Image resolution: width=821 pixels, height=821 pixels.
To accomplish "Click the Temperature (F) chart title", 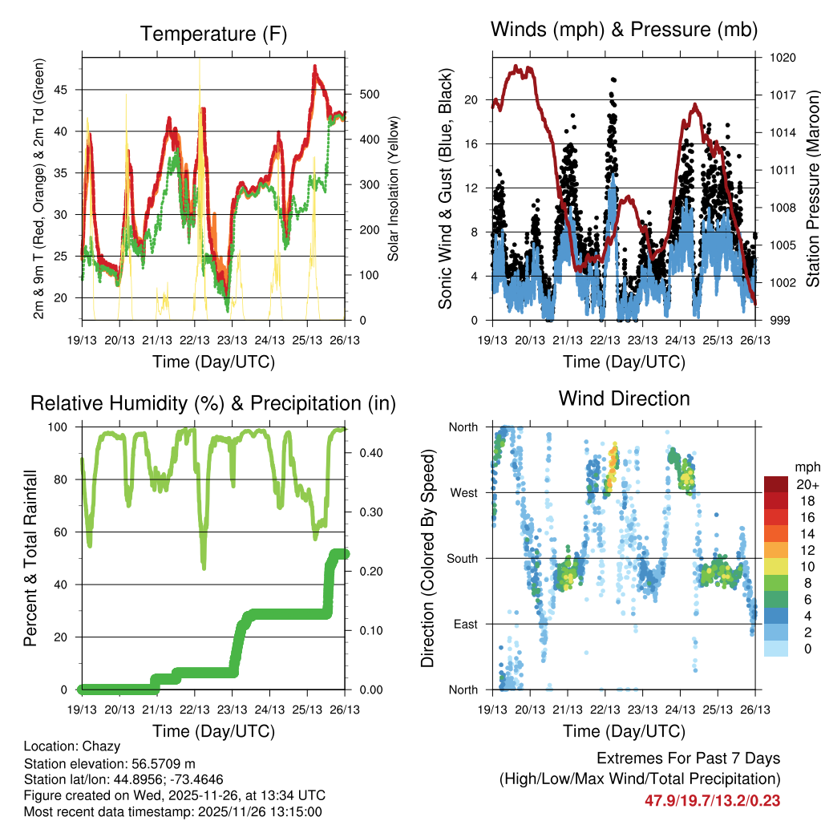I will tap(213, 34).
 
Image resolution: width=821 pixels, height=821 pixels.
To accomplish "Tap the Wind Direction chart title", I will tap(624, 398).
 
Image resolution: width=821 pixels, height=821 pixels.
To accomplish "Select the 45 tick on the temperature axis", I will tap(70, 90).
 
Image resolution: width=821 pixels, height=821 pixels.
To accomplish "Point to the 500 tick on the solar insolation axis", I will tap(358, 94).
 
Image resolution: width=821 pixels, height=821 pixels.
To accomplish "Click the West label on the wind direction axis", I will tap(463, 492).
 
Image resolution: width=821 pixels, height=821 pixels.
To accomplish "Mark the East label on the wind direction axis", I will tap(465, 624).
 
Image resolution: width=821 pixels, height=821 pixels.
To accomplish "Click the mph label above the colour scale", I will tap(804, 467).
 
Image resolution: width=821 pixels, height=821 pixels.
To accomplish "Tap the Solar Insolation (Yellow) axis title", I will tap(394, 189).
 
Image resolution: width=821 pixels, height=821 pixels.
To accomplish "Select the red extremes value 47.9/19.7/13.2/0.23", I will tap(712, 800).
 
